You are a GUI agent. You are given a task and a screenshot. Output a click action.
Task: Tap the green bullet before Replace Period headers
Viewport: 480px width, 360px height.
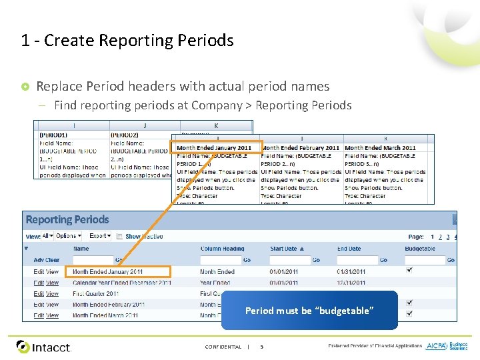(x=25, y=87)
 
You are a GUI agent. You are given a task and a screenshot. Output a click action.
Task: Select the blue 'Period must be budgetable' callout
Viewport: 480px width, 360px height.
(x=309, y=311)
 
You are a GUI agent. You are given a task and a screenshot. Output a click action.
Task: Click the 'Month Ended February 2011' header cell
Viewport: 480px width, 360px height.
(x=300, y=147)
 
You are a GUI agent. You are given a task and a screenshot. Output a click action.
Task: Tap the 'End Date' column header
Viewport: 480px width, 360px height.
(x=349, y=249)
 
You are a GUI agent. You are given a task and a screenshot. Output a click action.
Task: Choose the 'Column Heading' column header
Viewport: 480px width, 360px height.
(x=223, y=249)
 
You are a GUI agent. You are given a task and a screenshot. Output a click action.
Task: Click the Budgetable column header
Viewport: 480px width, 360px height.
(x=420, y=249)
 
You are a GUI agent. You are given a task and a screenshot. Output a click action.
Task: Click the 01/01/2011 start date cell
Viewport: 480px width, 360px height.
(x=284, y=272)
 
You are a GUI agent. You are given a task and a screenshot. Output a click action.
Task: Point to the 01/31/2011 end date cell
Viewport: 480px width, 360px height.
(x=351, y=272)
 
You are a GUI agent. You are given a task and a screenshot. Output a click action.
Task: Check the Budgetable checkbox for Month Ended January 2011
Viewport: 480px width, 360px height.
(x=409, y=270)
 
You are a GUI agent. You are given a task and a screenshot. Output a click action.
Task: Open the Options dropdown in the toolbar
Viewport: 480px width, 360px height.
(x=68, y=236)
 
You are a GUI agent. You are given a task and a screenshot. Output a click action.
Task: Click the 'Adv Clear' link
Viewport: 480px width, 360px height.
(x=46, y=260)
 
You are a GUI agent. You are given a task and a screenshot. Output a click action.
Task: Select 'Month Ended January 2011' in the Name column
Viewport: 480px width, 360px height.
(x=107, y=272)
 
